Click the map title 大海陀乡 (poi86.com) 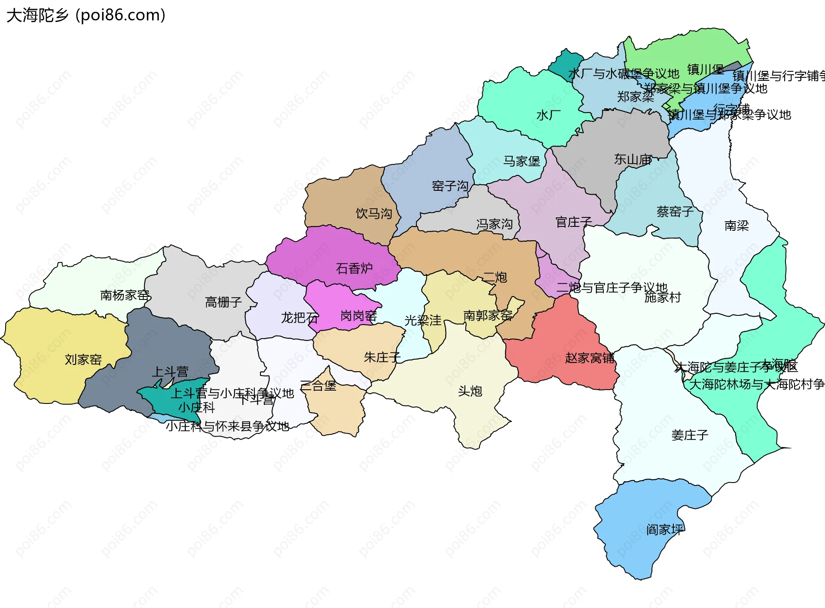point(86,15)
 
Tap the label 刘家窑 point(83,360)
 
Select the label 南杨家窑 point(125,295)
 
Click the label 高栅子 point(223,302)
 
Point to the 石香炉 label point(354,269)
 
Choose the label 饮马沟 point(374,214)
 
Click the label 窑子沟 point(450,186)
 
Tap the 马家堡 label point(522,162)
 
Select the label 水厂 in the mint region point(548,115)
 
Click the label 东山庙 point(633,159)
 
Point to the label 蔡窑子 point(675,212)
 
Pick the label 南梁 point(736,226)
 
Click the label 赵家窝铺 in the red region point(590,358)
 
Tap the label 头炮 point(470,391)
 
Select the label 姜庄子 point(690,435)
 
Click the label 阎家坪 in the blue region point(664,530)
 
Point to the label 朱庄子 point(382,357)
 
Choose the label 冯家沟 point(494,224)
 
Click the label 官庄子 point(574,222)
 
